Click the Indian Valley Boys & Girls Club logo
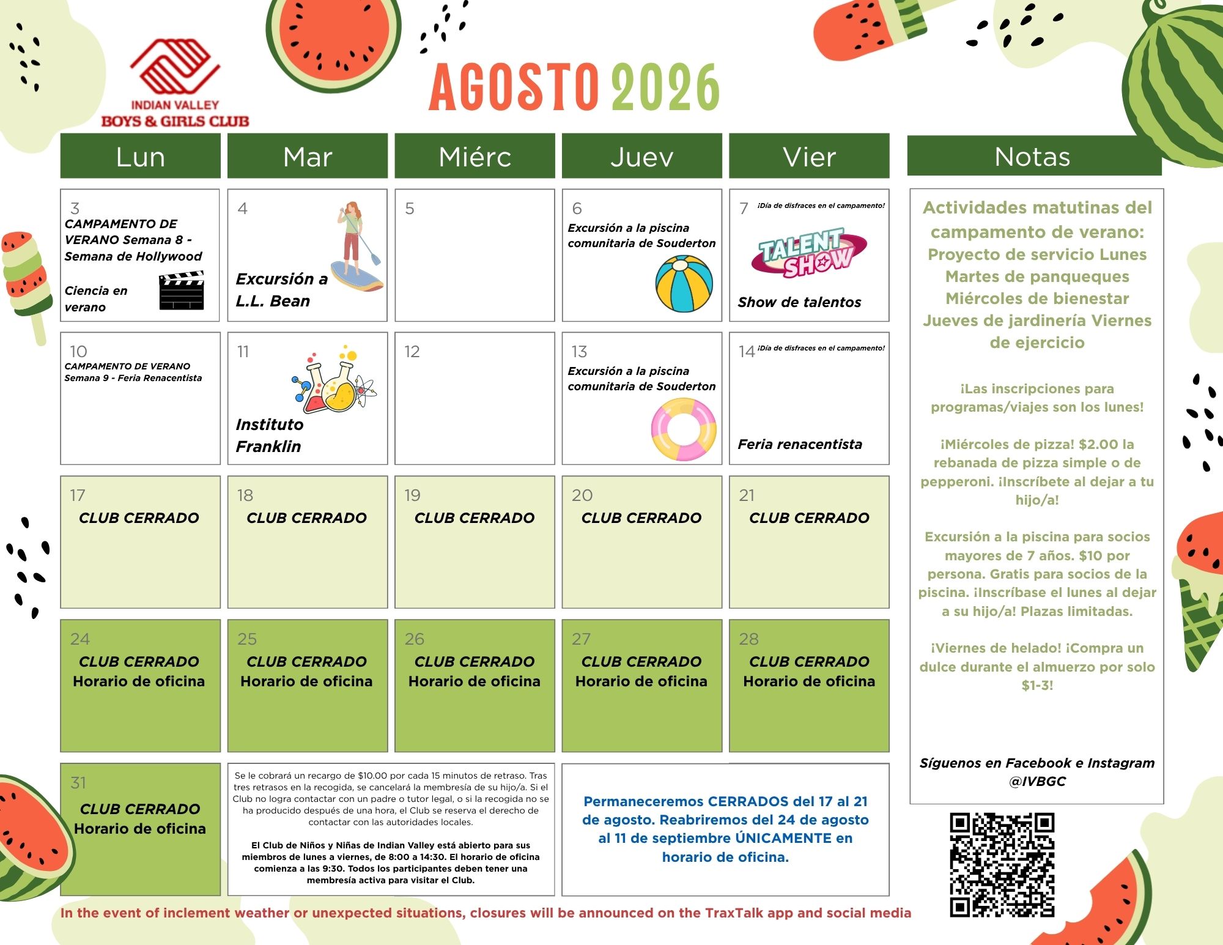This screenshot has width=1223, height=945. (175, 84)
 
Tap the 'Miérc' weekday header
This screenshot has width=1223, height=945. (475, 157)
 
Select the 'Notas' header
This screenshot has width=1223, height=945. (1033, 157)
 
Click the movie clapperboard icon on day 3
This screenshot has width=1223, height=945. (181, 291)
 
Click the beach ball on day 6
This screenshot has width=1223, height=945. (684, 284)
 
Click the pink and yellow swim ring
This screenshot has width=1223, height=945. (684, 429)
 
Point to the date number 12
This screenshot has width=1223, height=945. (412, 352)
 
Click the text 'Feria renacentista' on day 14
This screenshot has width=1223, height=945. (800, 444)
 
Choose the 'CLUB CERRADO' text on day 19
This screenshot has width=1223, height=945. (475, 518)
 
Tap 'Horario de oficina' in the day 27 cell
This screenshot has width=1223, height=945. (641, 681)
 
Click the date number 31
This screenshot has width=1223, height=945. (78, 783)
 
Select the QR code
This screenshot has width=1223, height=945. (1002, 865)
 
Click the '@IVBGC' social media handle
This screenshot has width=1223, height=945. (1037, 781)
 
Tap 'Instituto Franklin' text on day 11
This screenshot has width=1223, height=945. (270, 435)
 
